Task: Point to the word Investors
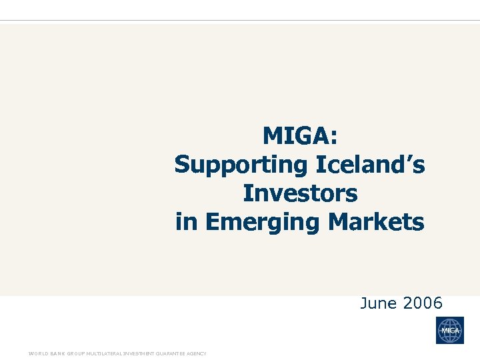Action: click(300, 193)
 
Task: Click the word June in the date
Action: click(377, 304)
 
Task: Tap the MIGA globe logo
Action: click(450, 330)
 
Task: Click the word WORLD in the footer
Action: click(36, 353)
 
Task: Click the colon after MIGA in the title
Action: click(333, 138)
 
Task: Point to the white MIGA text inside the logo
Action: click(450, 331)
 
